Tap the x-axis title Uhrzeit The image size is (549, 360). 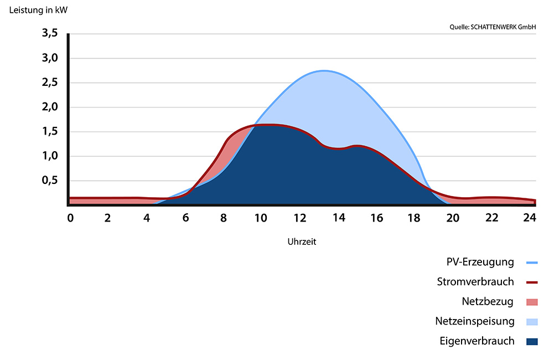tap(302, 242)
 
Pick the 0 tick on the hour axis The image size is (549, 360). tap(70, 218)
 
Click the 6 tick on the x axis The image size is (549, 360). tap(185, 218)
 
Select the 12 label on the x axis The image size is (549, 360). tap(300, 218)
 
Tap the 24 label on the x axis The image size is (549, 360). tap(530, 218)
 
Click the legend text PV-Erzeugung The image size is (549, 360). tap(480, 262)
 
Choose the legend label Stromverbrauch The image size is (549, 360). tap(475, 282)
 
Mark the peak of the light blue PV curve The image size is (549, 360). tap(324, 71)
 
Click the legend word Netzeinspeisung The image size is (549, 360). tap(475, 321)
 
